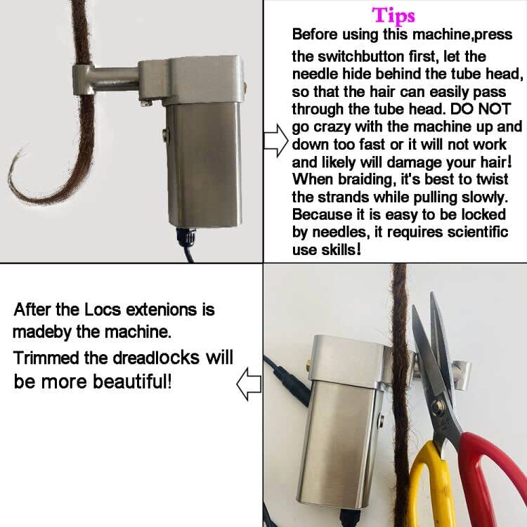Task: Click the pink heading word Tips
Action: pyautogui.click(x=393, y=15)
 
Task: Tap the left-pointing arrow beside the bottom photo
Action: pyautogui.click(x=249, y=384)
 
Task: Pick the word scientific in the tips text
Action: pyautogui.click(x=462, y=232)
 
